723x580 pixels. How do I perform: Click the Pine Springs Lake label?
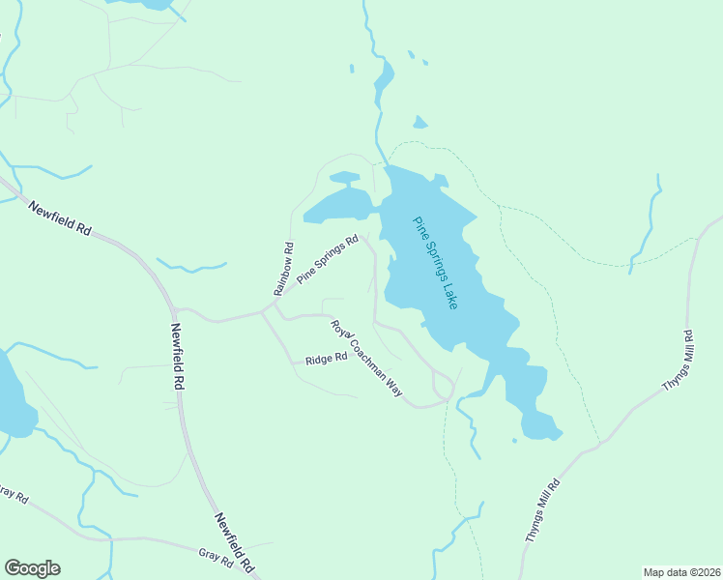436,262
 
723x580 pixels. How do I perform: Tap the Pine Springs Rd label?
328,259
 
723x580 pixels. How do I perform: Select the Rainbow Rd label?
282,269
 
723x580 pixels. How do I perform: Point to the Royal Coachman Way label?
366,357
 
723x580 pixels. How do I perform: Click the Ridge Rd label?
326,359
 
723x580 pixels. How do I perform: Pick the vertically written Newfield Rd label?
178,357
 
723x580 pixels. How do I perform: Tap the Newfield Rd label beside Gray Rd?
235,541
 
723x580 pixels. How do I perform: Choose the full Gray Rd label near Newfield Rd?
216,558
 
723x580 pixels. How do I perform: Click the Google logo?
32,568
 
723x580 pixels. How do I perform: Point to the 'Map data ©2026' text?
680,572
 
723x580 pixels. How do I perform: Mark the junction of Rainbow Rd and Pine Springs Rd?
275,303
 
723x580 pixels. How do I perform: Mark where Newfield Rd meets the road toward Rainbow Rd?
175,310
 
